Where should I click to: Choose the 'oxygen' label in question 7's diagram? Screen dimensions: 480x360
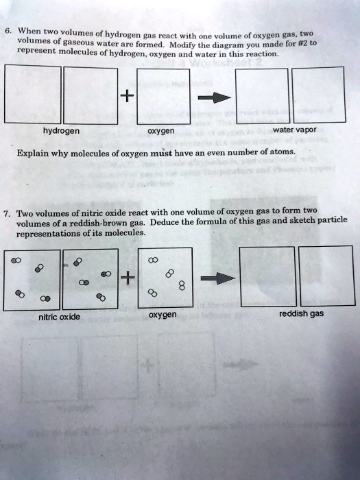[x=163, y=315]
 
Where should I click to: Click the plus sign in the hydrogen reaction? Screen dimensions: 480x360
[x=125, y=96]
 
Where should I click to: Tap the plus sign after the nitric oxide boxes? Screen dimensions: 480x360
[x=125, y=277]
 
